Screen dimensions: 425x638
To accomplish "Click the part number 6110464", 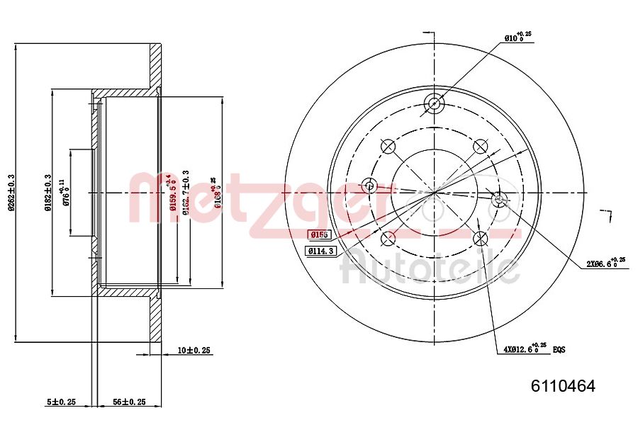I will click(x=563, y=386).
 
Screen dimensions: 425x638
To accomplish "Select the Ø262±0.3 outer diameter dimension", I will click(x=11, y=193).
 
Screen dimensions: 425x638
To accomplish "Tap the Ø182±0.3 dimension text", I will click(x=47, y=193).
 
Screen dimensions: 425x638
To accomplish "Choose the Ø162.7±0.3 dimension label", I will click(x=185, y=191).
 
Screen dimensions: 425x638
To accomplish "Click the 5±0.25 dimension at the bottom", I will click(x=61, y=402).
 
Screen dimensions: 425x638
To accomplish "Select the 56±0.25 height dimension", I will click(x=130, y=402).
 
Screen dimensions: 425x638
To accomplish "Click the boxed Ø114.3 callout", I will click(x=322, y=251).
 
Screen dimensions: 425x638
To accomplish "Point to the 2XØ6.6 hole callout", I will click(x=605, y=263).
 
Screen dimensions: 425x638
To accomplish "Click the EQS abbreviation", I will click(x=559, y=350).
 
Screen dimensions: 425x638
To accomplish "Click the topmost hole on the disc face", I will click(x=434, y=103).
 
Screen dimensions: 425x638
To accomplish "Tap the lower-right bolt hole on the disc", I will click(x=481, y=237).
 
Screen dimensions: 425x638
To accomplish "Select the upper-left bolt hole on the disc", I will click(x=388, y=146).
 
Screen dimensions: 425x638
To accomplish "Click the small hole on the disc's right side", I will click(x=498, y=199).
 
